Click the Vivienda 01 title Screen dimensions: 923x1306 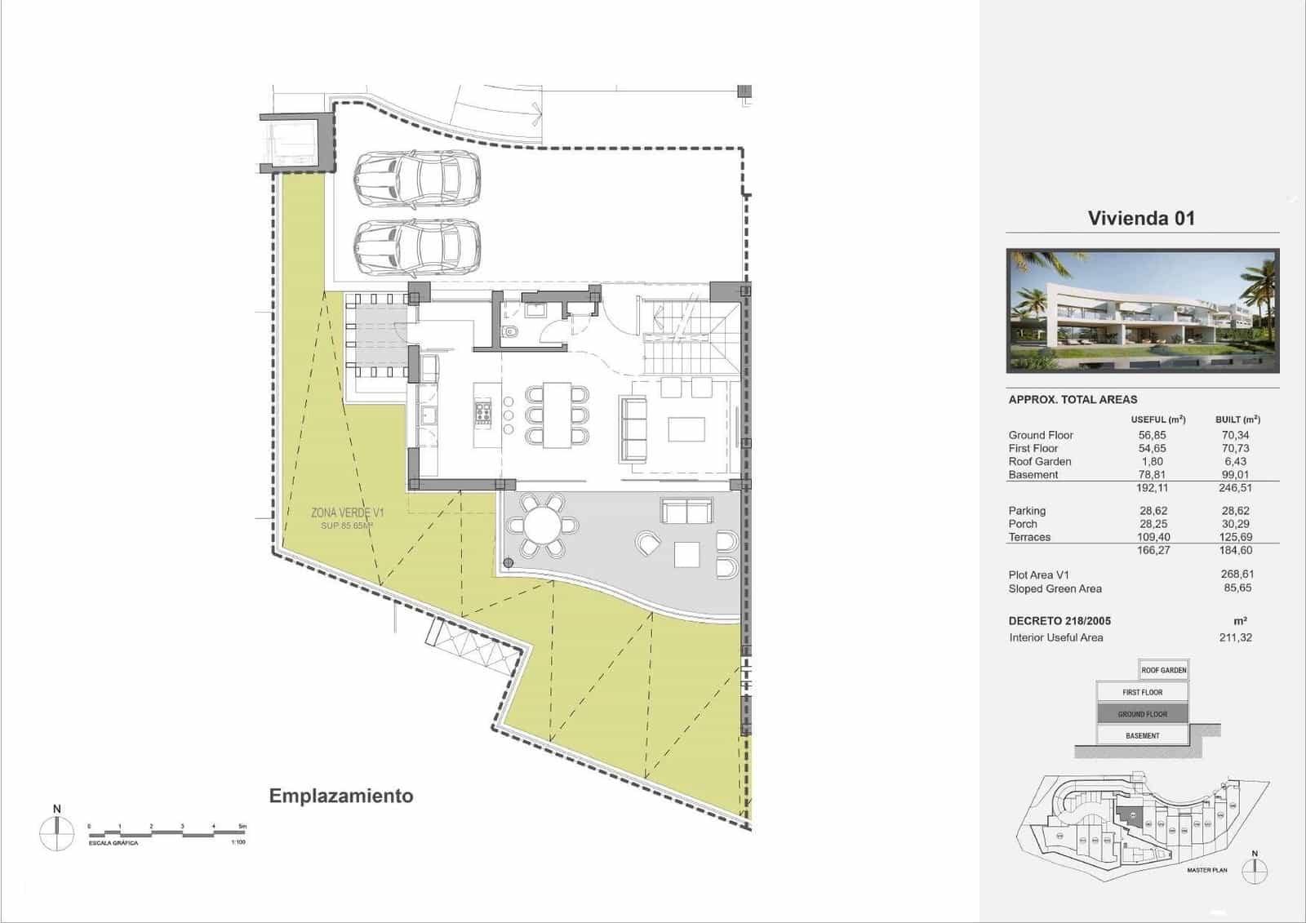click(x=1140, y=218)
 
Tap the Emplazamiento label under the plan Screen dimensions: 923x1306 click(x=341, y=796)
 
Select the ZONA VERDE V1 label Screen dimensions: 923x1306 click(x=347, y=513)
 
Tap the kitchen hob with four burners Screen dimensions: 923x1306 click(x=482, y=414)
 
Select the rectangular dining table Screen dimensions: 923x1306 click(x=557, y=415)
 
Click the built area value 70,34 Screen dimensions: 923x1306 click(x=1235, y=435)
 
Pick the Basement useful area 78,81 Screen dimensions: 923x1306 click(x=1152, y=474)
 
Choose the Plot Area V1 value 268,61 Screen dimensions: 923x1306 click(x=1236, y=575)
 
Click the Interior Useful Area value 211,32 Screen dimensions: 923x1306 click(x=1235, y=637)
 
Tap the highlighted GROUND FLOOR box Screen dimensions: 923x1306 click(x=1142, y=714)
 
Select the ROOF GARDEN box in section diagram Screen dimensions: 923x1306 click(x=1163, y=670)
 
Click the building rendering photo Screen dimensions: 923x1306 click(x=1142, y=311)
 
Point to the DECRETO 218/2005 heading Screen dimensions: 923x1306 click(x=1059, y=620)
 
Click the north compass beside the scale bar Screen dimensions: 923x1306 click(x=56, y=832)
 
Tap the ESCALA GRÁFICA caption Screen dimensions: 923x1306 click(x=113, y=843)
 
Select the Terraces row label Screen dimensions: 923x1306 click(x=1029, y=537)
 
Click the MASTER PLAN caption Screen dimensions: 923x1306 click(x=1206, y=870)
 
